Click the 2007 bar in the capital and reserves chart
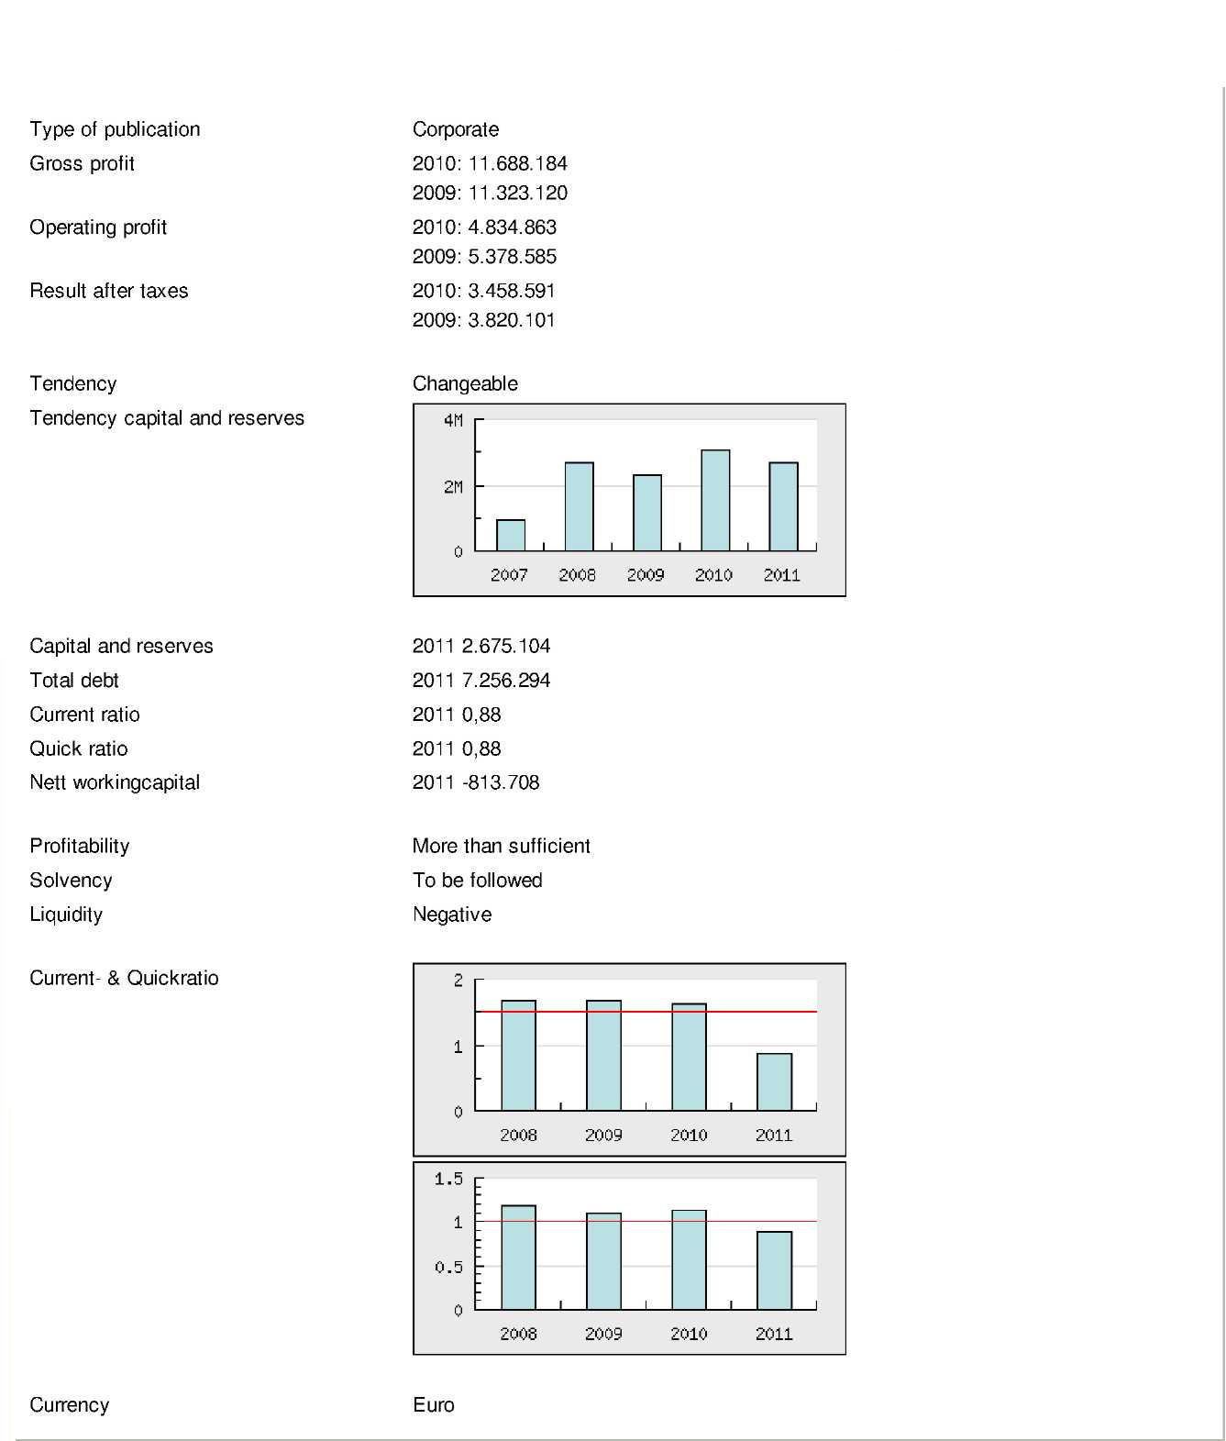point(511,536)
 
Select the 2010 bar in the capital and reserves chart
point(715,501)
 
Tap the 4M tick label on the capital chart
point(453,421)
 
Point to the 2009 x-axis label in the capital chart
point(646,575)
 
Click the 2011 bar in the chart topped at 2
point(774,1082)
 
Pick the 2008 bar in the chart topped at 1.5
point(518,1258)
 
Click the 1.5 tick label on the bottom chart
point(448,1179)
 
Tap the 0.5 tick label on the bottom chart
point(448,1267)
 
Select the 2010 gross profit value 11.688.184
point(518,163)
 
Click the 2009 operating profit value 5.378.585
point(513,257)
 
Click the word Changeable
point(465,383)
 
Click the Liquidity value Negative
point(452,914)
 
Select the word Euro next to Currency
point(434,1405)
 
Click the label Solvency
point(71,881)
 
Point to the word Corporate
point(456,129)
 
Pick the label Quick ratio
point(79,748)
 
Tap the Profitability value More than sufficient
point(502,846)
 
